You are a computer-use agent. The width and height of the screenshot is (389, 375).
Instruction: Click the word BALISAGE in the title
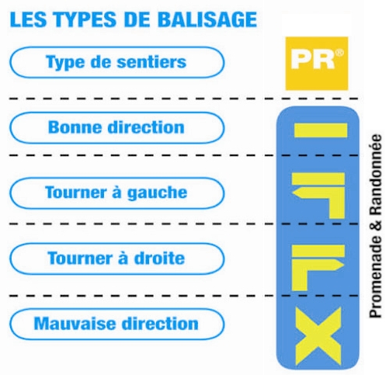coord(207,19)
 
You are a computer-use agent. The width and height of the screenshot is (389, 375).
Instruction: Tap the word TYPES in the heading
coord(85,19)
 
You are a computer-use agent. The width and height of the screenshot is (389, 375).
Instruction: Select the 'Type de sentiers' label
coord(116,62)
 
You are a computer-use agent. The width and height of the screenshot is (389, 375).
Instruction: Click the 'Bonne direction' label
coord(116,127)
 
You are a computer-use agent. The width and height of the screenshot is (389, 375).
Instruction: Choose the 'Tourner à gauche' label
coord(116,193)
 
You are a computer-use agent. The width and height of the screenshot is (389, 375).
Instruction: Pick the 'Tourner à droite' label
coord(116,259)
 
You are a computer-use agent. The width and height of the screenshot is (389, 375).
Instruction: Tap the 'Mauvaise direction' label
coord(116,324)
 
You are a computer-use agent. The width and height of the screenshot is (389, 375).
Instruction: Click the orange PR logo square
coord(317,64)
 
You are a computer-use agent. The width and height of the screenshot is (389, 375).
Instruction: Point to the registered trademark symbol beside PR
coord(340,53)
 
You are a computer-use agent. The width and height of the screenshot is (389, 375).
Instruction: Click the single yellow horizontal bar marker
coord(321,130)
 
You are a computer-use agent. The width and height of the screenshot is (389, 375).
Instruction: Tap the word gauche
coord(157,193)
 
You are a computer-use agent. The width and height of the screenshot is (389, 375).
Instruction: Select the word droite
coord(159,259)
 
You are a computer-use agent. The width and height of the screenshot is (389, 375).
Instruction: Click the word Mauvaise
coord(75,324)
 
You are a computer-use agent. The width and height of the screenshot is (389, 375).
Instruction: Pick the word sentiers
coord(151,62)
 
